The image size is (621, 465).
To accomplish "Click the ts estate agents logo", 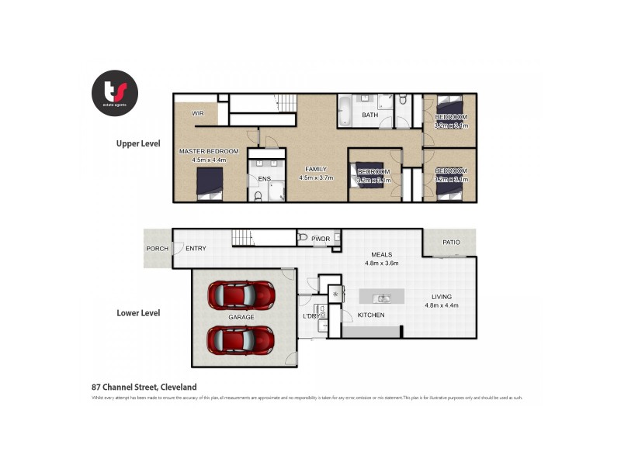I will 114,93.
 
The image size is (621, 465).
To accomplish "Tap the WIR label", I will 186,113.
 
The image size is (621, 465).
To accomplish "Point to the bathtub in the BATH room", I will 345,111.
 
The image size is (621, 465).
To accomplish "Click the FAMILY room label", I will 316,169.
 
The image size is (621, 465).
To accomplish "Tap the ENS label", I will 264,179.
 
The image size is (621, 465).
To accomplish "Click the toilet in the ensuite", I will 258,195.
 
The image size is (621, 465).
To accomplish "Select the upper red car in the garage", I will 240,294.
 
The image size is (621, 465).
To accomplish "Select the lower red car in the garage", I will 240,339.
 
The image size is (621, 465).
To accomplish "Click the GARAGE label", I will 241,318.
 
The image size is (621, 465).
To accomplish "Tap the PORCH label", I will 157,249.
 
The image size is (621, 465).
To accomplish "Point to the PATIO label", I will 451,243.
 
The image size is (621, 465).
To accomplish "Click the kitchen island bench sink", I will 382,298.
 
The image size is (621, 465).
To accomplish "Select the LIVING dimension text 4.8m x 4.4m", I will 442,305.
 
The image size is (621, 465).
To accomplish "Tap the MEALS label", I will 381,254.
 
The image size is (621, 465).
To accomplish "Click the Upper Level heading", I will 138,143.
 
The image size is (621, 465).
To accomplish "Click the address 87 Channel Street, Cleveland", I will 144,387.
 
